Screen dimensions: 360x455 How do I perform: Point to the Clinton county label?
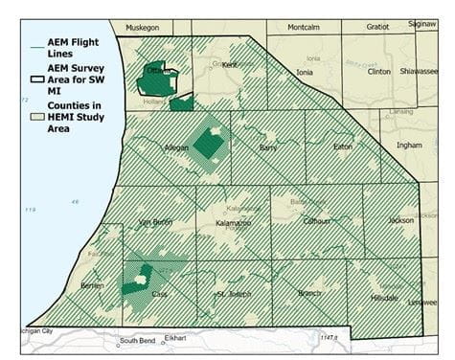(379, 71)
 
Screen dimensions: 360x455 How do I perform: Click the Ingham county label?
(409, 146)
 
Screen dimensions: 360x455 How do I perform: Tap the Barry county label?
(269, 147)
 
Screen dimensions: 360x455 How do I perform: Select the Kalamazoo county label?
(234, 222)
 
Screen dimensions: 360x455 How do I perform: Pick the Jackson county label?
(400, 219)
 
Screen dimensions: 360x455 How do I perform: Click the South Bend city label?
(137, 341)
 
